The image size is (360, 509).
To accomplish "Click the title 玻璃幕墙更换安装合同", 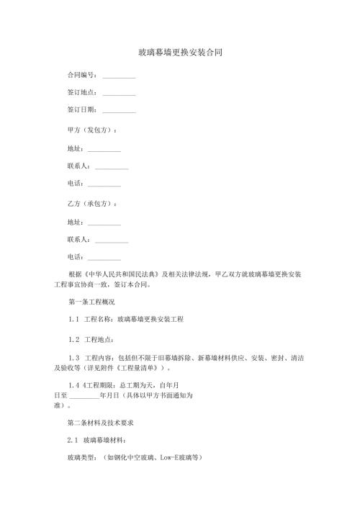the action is [x=180, y=53].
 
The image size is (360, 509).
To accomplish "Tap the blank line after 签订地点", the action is [x=119, y=93].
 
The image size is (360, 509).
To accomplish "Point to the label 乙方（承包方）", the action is [x=91, y=204].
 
